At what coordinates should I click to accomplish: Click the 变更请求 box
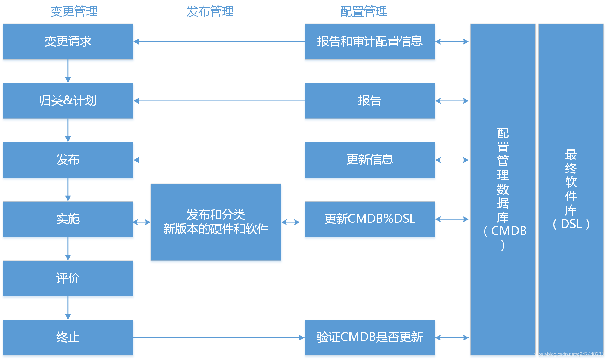68,42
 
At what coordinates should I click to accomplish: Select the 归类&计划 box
68,101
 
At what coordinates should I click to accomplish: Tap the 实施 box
68,219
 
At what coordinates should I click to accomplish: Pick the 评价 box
68,278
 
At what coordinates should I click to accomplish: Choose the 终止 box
68,337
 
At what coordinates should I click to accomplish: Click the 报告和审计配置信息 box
370,42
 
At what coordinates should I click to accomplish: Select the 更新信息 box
370,160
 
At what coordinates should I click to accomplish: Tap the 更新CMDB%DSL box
370,219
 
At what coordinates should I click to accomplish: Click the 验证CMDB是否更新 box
370,337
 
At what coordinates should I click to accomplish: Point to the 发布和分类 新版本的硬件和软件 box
216,222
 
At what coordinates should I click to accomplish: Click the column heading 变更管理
74,11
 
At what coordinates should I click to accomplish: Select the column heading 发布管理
210,11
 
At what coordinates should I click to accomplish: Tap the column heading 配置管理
364,11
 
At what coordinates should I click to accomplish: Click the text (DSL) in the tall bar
571,224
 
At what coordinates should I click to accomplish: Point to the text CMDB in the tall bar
509,231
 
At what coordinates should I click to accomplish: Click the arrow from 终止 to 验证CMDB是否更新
218,337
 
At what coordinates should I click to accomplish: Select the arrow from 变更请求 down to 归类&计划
68,71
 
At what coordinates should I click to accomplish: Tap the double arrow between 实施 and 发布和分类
142,222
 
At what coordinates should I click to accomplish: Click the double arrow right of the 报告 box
452,101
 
